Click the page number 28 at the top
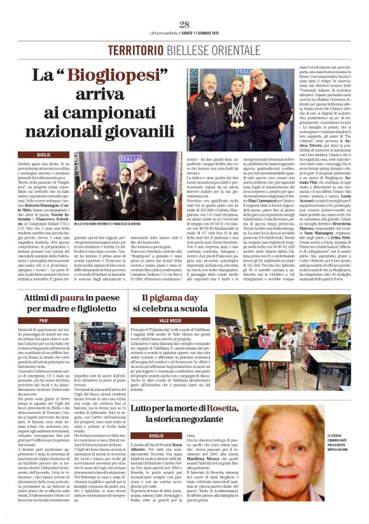[x=184, y=24]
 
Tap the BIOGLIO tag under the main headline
[x=43, y=155]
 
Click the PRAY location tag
[x=43, y=319]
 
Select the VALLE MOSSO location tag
[x=153, y=319]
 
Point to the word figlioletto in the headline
[x=88, y=309]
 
